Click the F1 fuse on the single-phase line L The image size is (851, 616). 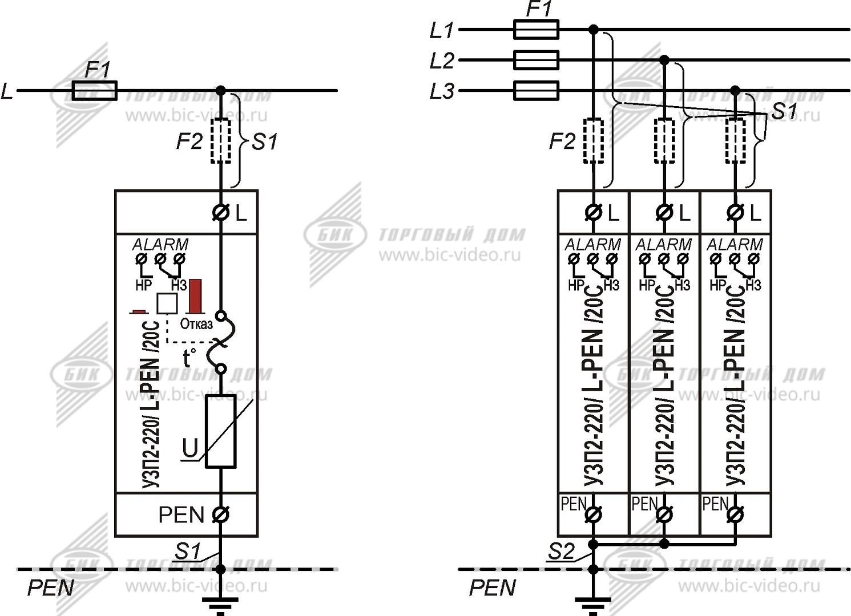coord(94,90)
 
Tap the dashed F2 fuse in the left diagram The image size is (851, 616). coord(220,141)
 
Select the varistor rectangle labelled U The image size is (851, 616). coord(220,431)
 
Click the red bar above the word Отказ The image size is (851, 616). coord(196,296)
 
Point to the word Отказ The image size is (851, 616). coord(196,324)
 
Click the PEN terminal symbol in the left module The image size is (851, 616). coord(220,514)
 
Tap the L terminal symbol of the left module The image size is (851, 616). coord(220,213)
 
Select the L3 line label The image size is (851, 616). coord(442,91)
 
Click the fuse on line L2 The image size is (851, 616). coord(536,60)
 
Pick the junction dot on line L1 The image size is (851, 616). coord(594,29)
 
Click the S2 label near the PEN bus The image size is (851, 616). coord(562,552)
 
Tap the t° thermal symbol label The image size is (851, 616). coord(189,358)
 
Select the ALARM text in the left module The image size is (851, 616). coord(160,245)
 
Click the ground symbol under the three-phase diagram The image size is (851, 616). coord(593,603)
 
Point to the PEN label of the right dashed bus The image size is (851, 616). coord(492,588)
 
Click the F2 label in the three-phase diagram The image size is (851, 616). coord(562,141)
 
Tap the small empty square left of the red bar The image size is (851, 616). coord(167,303)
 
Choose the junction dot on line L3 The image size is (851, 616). coord(735,90)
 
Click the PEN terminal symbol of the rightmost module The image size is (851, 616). coord(735,514)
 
